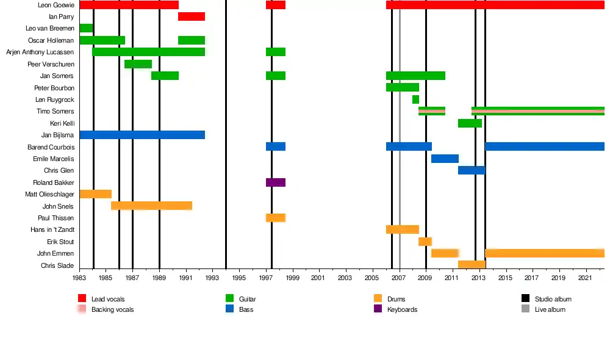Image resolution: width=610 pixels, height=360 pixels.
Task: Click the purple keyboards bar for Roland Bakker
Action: coord(276,182)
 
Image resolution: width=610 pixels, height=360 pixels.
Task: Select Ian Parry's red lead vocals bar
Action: coord(192,16)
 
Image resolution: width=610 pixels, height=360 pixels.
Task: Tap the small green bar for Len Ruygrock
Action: coord(415,99)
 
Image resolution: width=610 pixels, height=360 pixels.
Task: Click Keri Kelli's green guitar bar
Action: coord(470,123)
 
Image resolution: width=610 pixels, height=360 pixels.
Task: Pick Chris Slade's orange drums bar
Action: coord(472,265)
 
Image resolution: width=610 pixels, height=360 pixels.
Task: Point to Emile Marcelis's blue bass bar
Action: coord(445,159)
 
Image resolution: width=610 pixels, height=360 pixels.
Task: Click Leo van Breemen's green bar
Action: coord(86,28)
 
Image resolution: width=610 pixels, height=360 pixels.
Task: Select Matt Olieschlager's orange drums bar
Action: coord(96,194)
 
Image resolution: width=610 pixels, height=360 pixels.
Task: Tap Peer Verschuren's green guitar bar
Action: coord(138,64)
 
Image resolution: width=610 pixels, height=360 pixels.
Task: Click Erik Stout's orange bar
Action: coord(425,242)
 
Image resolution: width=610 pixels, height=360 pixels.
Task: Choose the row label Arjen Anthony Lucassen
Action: coord(40,52)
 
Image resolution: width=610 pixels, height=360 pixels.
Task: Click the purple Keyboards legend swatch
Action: coord(376,309)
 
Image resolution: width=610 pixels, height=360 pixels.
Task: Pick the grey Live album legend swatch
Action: coord(525,309)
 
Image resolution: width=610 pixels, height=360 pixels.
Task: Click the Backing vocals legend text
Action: coord(112,310)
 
